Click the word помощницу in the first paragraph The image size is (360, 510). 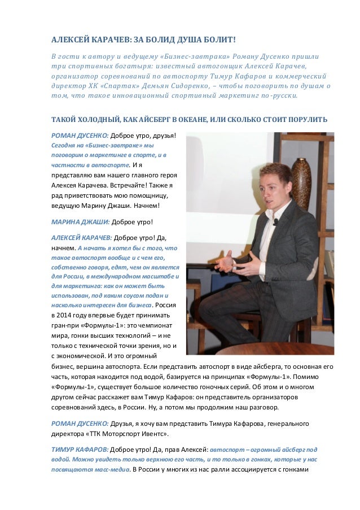(151, 194)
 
